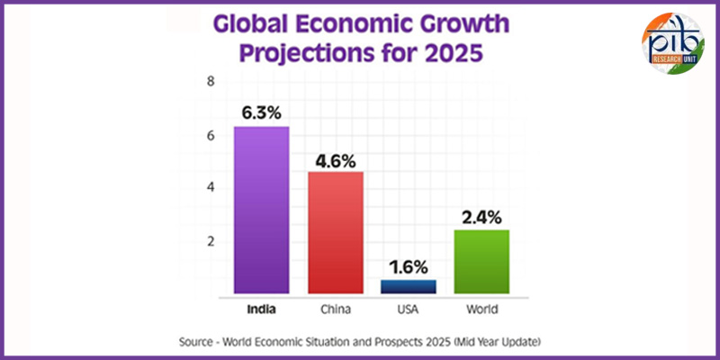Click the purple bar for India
[x=262, y=210]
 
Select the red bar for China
[x=336, y=232]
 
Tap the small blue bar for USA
[x=409, y=286]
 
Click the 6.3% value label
[x=262, y=113]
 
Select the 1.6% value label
[x=409, y=267]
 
